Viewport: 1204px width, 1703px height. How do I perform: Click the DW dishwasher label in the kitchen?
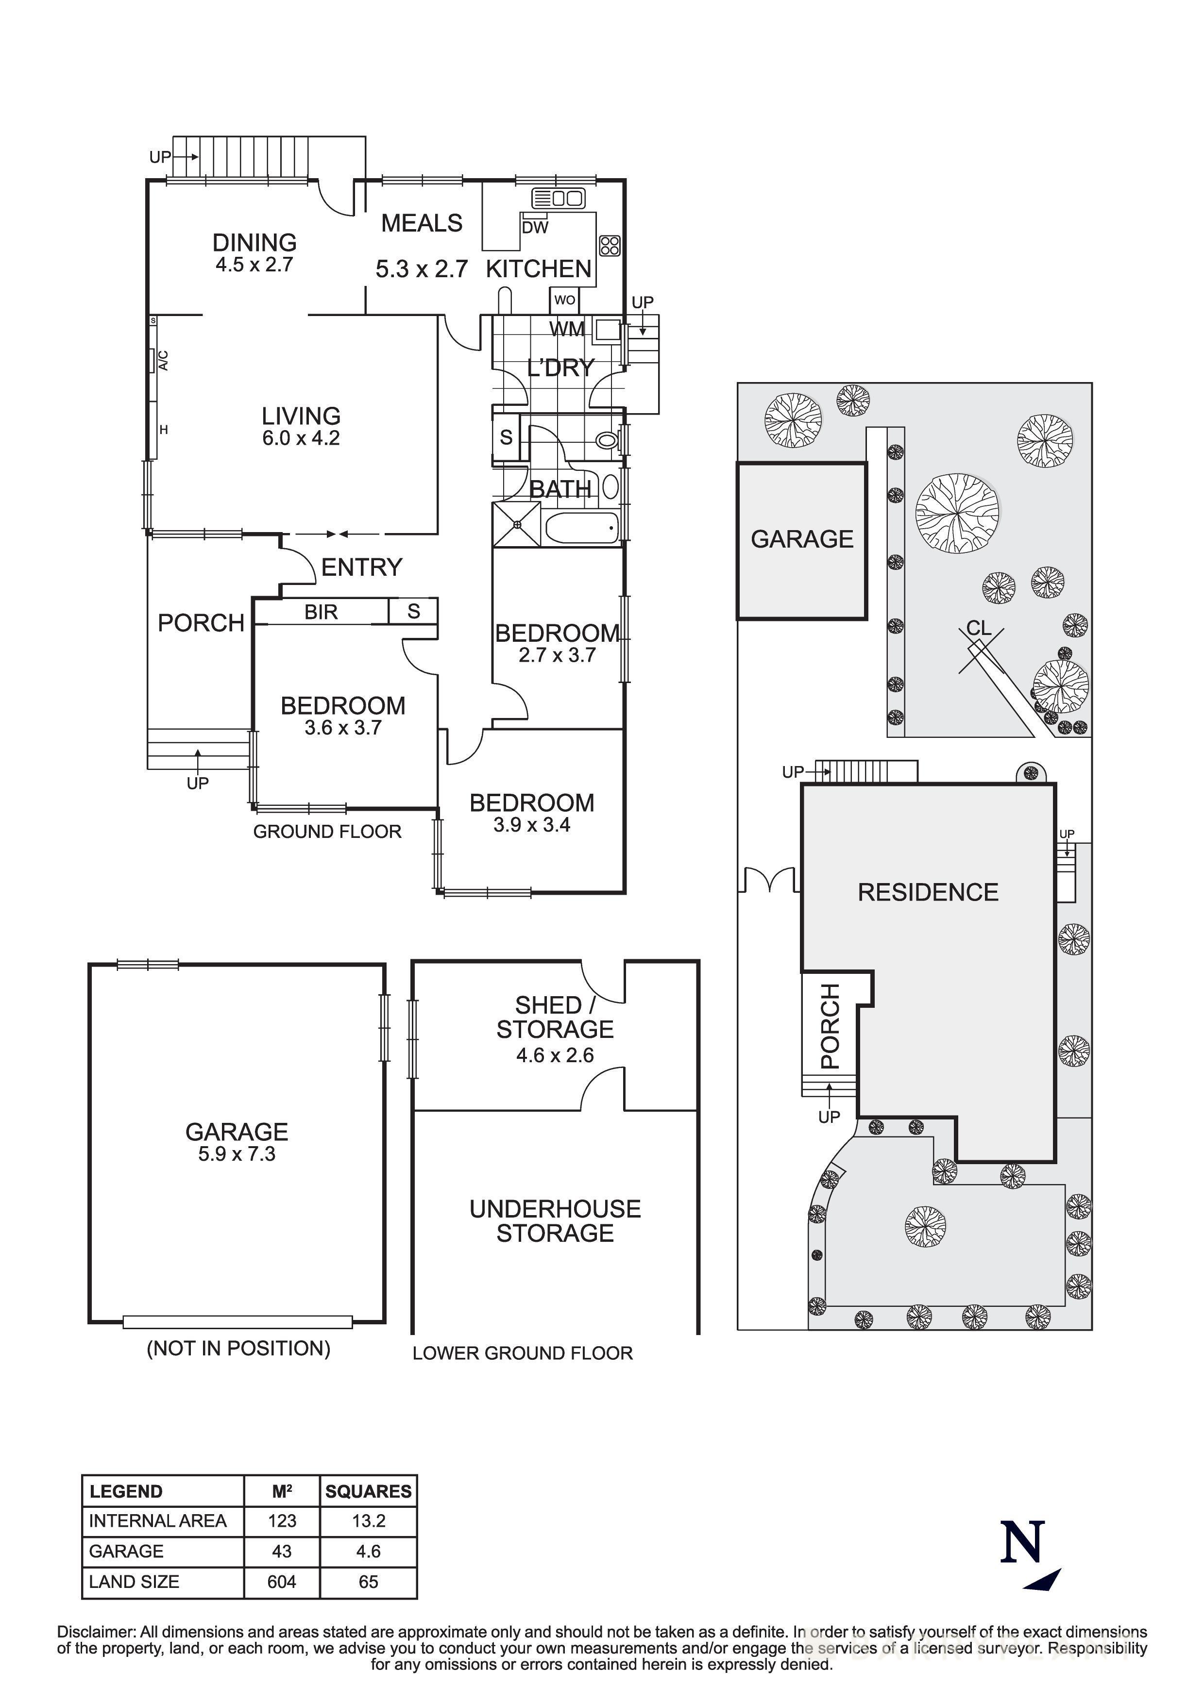coord(534,228)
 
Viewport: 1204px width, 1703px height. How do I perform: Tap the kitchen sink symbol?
coord(558,198)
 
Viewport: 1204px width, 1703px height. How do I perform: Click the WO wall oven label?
coord(564,301)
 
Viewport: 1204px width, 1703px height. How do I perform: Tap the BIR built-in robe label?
coord(321,612)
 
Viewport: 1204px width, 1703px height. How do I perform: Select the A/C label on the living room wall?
coord(164,361)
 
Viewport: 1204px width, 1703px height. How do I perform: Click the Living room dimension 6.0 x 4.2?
coord(301,438)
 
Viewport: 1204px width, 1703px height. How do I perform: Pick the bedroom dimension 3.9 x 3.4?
coord(531,825)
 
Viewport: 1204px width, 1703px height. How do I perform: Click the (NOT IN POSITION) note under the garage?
coord(238,1349)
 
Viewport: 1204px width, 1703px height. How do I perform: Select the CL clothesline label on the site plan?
coord(979,628)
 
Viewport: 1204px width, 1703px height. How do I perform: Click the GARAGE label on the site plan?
coord(802,539)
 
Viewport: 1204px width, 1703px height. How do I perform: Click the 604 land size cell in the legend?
coord(282,1582)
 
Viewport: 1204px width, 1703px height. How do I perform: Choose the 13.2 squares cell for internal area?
coord(368,1521)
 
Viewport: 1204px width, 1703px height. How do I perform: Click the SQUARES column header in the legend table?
coord(368,1492)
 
